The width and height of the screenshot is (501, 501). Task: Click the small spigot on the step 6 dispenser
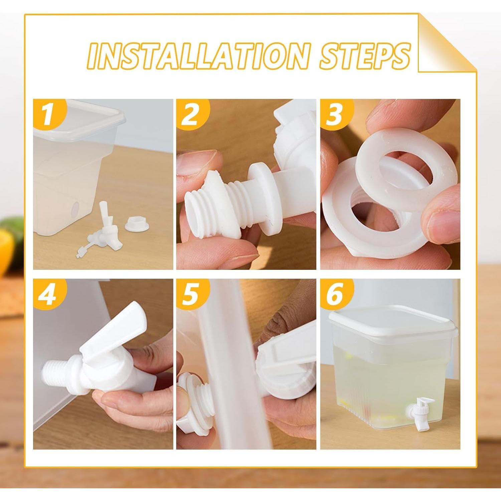point(416,409)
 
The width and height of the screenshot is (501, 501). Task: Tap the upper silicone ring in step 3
point(406,175)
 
